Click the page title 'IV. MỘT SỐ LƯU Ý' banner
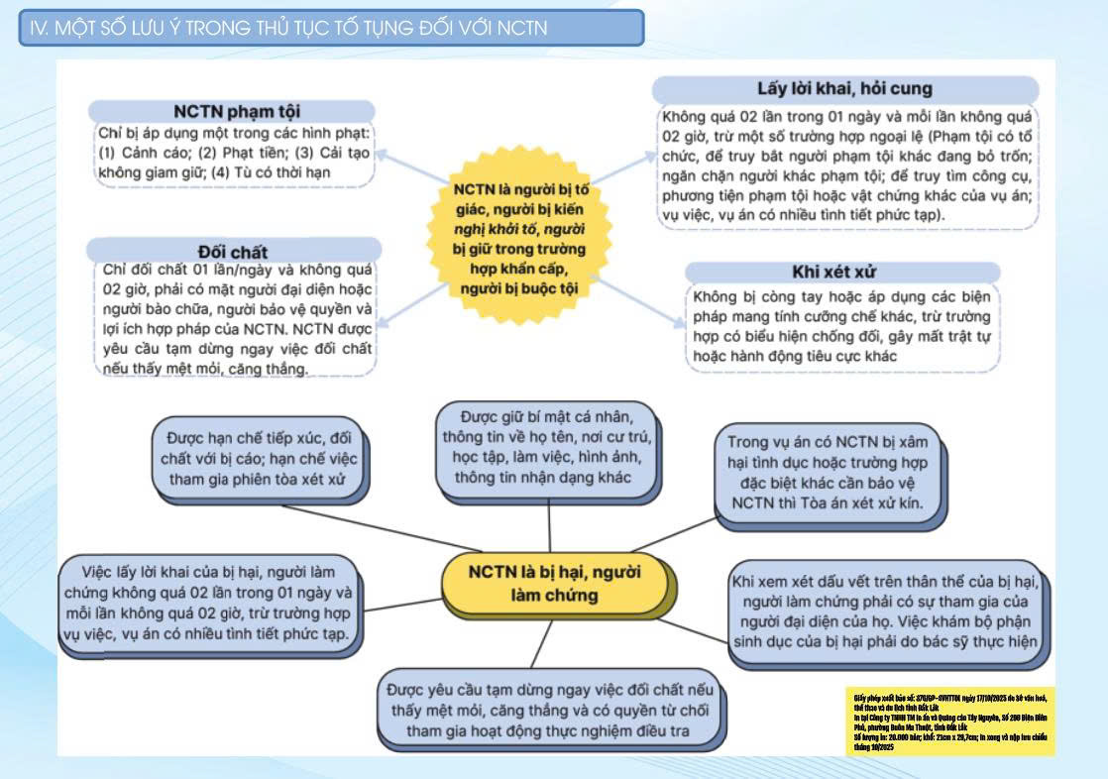(331, 28)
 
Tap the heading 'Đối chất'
(233, 251)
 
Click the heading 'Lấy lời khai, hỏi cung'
(845, 88)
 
